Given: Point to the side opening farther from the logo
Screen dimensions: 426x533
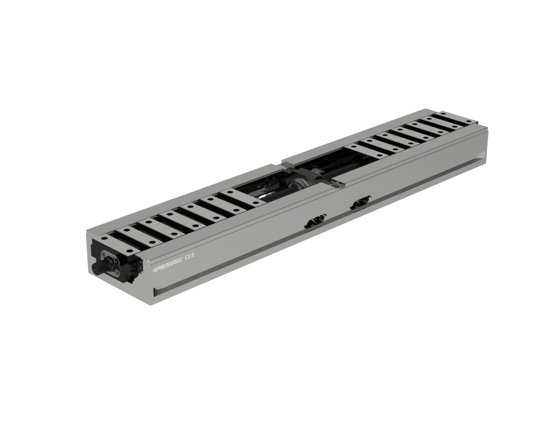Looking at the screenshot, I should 361,204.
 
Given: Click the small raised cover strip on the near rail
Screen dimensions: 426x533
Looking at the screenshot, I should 337,182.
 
